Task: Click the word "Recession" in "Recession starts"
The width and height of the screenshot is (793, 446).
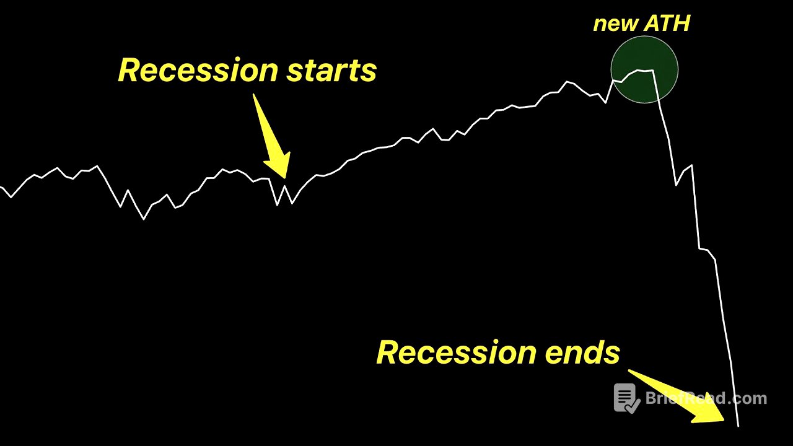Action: click(198, 70)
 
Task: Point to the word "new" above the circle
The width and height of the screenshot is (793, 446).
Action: click(615, 24)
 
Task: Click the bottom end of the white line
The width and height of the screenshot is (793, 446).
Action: click(738, 426)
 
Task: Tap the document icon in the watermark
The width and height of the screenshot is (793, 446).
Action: click(626, 398)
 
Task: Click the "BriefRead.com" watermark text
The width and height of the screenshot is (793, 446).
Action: click(706, 398)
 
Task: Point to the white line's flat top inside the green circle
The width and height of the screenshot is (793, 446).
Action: click(644, 71)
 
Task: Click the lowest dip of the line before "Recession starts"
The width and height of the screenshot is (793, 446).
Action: click(144, 219)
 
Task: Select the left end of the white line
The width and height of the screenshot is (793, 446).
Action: click(1, 186)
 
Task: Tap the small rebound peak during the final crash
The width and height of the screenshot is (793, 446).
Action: click(691, 165)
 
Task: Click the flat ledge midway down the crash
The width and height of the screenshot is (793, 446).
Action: click(703, 249)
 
